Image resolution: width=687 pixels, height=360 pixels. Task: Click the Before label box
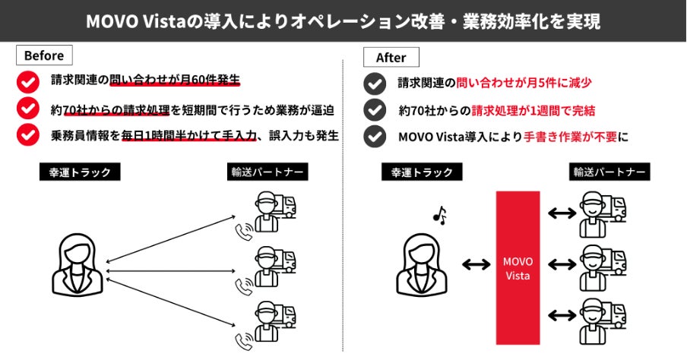[x=44, y=55]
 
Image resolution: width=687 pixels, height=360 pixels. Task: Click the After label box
[x=391, y=57]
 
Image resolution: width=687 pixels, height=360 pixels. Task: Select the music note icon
[x=438, y=216]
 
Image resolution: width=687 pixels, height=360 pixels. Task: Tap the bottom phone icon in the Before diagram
[x=245, y=339]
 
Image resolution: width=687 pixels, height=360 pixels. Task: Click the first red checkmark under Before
[x=28, y=80]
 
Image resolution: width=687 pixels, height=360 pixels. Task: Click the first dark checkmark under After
[x=374, y=83]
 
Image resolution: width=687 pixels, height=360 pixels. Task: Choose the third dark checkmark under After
[x=374, y=137]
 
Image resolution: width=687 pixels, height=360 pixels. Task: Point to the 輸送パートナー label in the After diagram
[x=609, y=172]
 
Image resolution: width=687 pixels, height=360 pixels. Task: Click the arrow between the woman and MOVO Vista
[x=475, y=265]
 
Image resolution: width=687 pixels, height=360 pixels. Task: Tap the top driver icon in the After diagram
[x=600, y=215]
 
